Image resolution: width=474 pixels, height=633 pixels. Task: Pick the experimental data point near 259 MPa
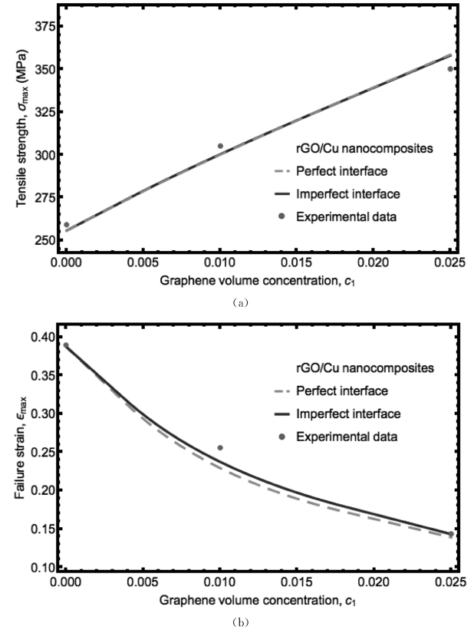tap(67, 225)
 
